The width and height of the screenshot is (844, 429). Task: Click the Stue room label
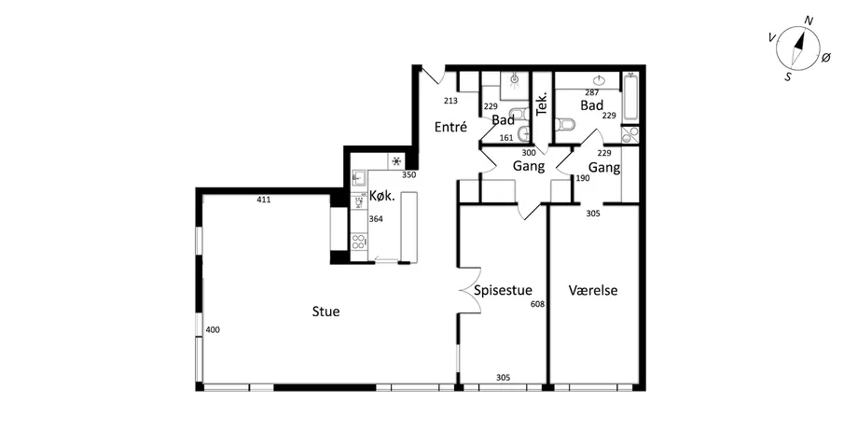(325, 311)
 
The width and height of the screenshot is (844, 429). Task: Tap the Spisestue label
(503, 291)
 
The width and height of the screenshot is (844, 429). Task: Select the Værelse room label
(593, 291)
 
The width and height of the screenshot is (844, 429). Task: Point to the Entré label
(450, 128)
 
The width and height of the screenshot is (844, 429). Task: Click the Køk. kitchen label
(382, 196)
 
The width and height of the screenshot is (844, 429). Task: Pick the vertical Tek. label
(542, 103)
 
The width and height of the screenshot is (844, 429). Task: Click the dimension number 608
(537, 304)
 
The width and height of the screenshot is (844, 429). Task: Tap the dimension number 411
(264, 200)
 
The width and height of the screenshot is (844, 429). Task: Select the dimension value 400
(213, 330)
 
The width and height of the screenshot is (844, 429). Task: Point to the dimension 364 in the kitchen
(376, 219)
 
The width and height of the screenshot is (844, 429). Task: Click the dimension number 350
(409, 174)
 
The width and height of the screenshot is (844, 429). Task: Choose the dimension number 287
(592, 92)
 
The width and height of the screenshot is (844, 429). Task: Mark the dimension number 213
(450, 101)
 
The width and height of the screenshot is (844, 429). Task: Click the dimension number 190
(583, 178)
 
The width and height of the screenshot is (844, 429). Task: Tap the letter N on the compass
(809, 21)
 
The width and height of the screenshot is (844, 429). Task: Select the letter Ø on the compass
(826, 58)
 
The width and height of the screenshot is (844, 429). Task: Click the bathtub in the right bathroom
(630, 98)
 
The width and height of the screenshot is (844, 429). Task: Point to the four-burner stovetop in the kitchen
(358, 242)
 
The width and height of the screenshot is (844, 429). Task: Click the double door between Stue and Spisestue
(469, 291)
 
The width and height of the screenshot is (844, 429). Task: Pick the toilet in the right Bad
(567, 124)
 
